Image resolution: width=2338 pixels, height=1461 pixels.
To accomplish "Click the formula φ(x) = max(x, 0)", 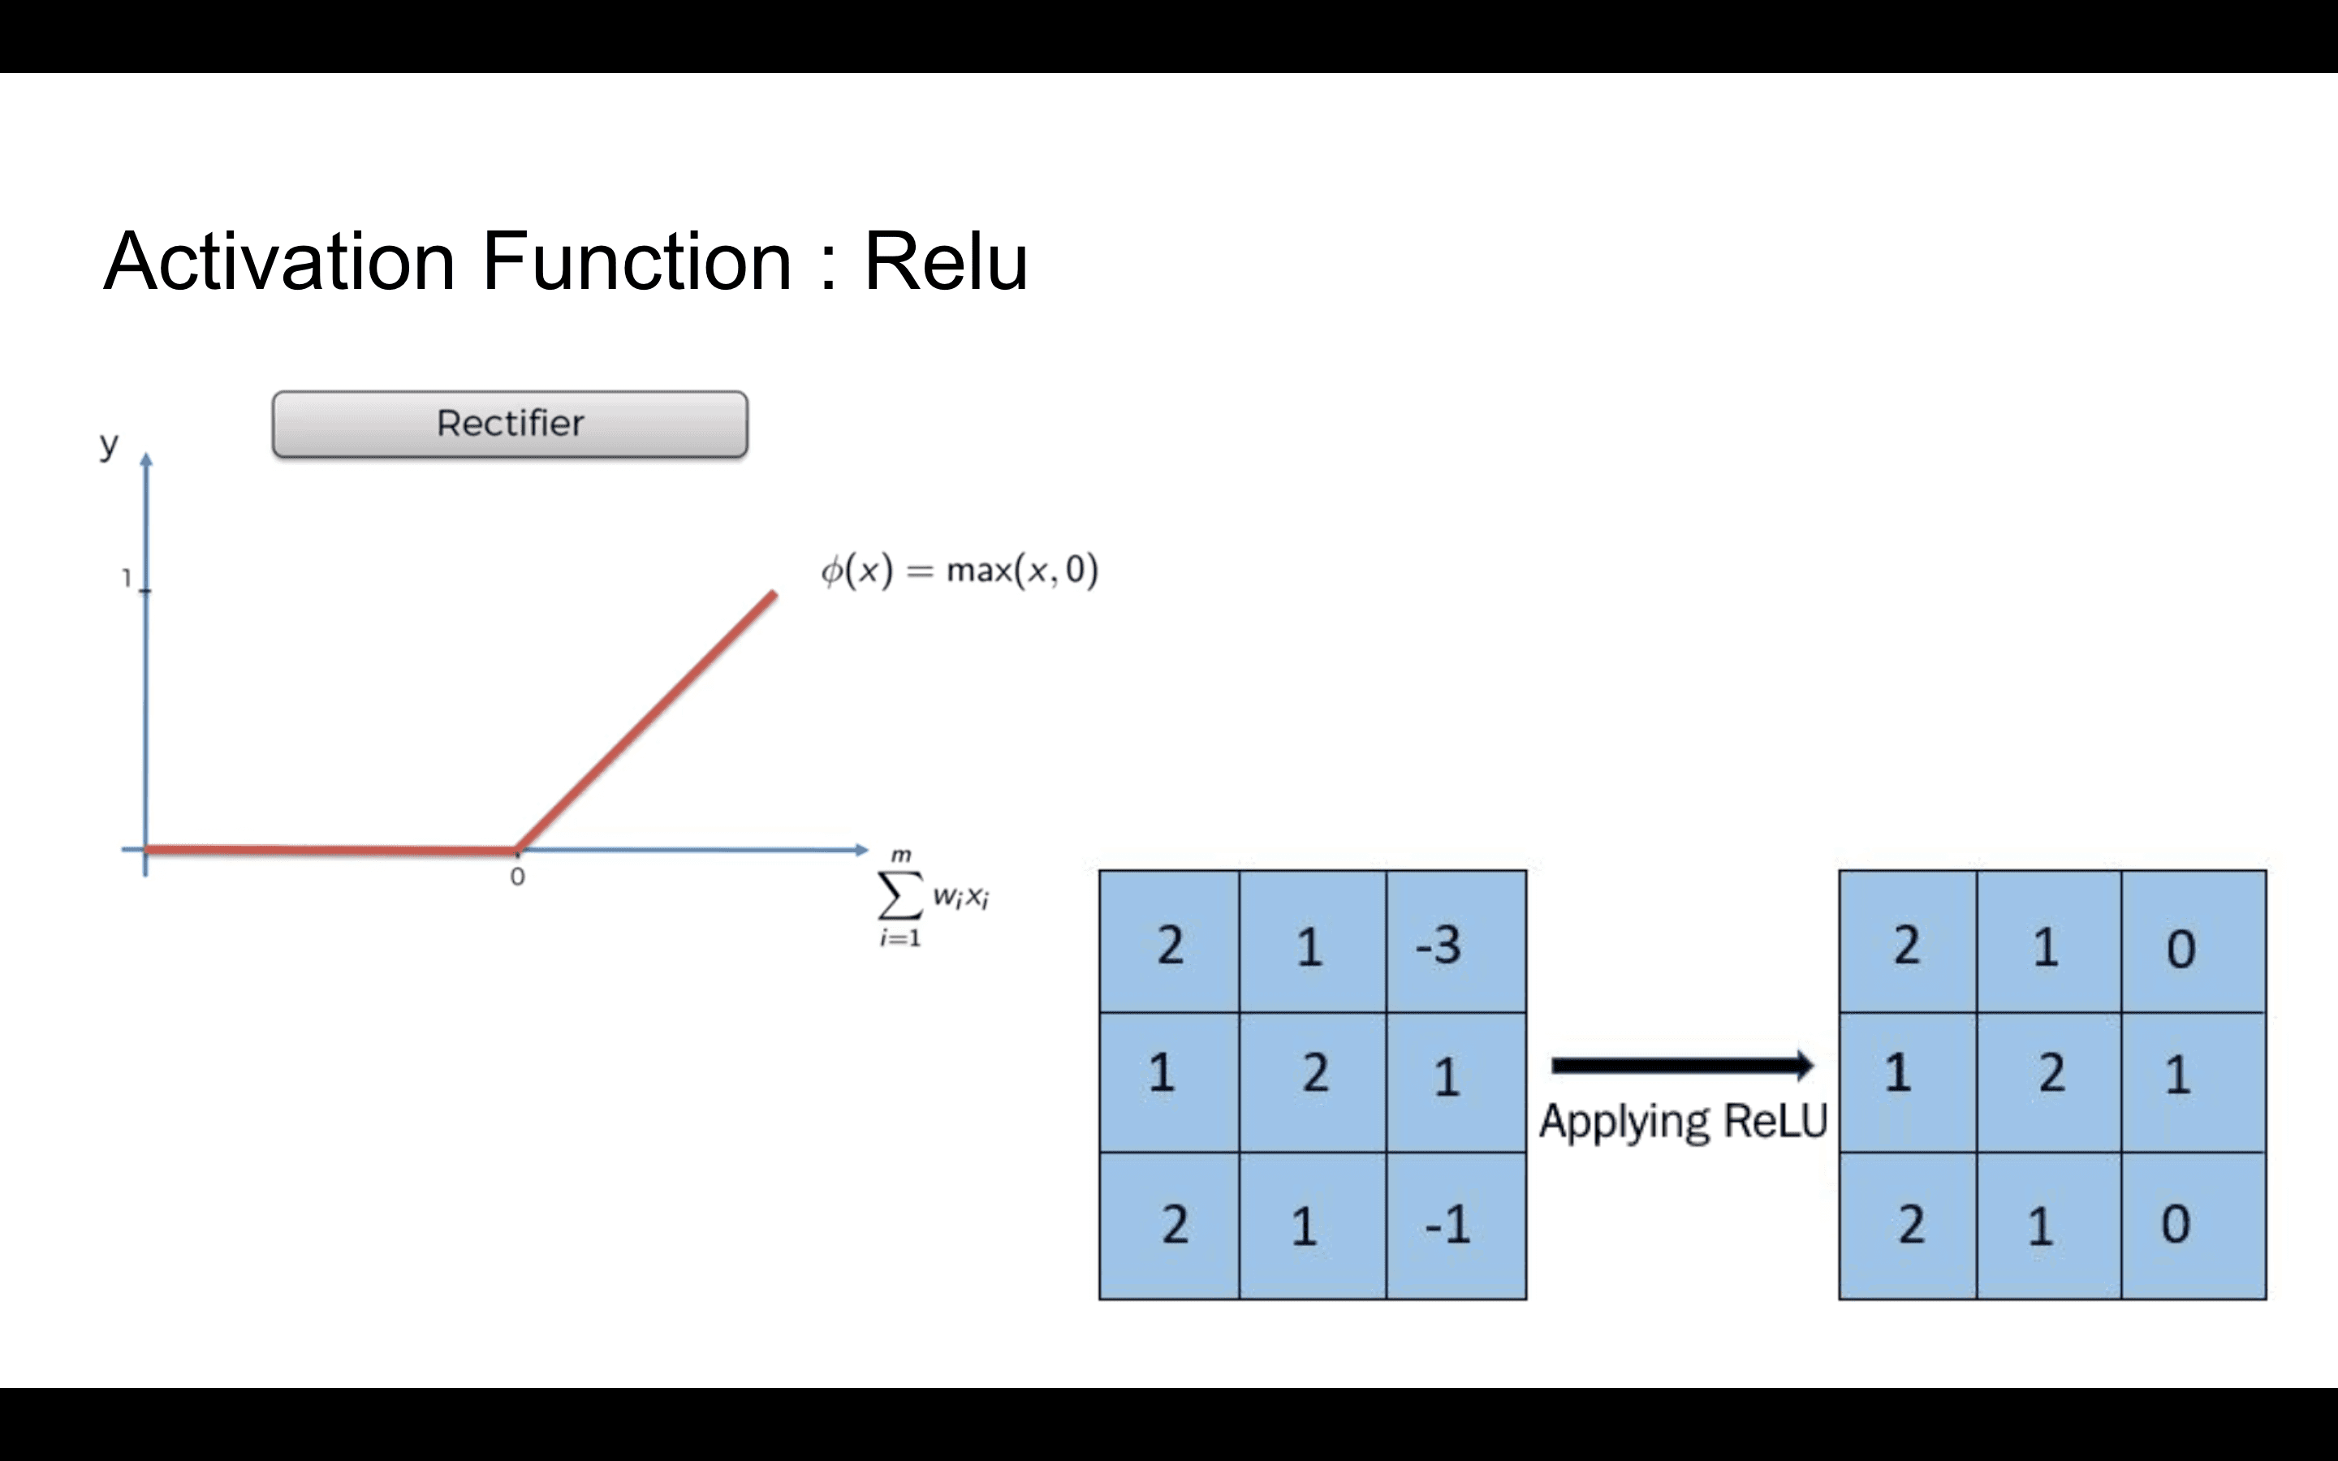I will coord(960,570).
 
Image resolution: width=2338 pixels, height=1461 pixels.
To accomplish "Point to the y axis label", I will coord(108,445).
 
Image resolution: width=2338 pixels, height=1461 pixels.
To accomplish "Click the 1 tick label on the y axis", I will coord(126,578).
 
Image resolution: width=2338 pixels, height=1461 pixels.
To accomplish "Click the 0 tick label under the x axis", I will coord(518,877).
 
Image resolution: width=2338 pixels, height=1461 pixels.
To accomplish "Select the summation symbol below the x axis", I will coord(899,898).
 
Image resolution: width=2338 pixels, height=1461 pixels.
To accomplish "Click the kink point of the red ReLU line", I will coord(517,851).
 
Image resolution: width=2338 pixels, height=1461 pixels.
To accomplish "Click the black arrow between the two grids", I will coord(1682,1066).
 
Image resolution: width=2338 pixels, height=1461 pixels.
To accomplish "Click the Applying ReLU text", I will coord(1683,1122).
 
